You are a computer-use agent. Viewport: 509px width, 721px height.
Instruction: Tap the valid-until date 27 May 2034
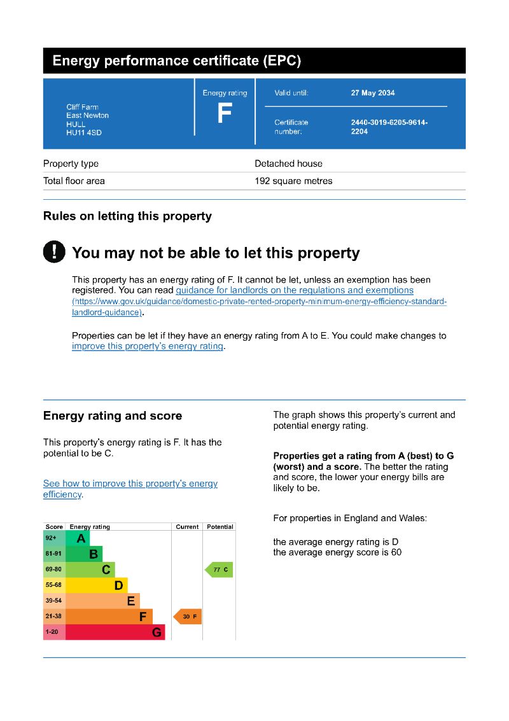click(373, 93)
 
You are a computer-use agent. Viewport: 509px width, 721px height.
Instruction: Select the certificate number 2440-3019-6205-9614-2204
click(389, 127)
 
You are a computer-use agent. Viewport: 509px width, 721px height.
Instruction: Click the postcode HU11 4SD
click(84, 133)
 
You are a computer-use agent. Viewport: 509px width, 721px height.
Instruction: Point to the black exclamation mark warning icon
click(54, 252)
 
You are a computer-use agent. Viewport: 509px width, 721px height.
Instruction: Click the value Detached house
click(288, 164)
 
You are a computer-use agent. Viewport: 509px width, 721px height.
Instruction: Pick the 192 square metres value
click(293, 181)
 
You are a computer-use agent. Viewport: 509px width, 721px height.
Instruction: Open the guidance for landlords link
click(295, 290)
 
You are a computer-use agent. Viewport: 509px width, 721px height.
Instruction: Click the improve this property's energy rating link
click(148, 346)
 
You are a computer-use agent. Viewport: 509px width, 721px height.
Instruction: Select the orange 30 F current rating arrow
click(188, 617)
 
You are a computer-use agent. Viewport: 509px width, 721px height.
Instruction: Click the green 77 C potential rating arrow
click(219, 570)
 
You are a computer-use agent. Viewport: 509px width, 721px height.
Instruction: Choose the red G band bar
click(115, 633)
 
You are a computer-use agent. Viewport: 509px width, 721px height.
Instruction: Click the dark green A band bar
click(78, 538)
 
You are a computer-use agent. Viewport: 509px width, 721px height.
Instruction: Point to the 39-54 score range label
click(53, 601)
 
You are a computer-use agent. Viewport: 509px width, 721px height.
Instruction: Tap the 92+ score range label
click(52, 538)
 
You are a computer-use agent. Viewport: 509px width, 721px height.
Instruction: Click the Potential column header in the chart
click(220, 527)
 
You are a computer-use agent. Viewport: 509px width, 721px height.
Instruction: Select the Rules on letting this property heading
click(127, 216)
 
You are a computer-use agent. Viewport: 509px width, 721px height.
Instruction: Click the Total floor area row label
click(74, 181)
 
